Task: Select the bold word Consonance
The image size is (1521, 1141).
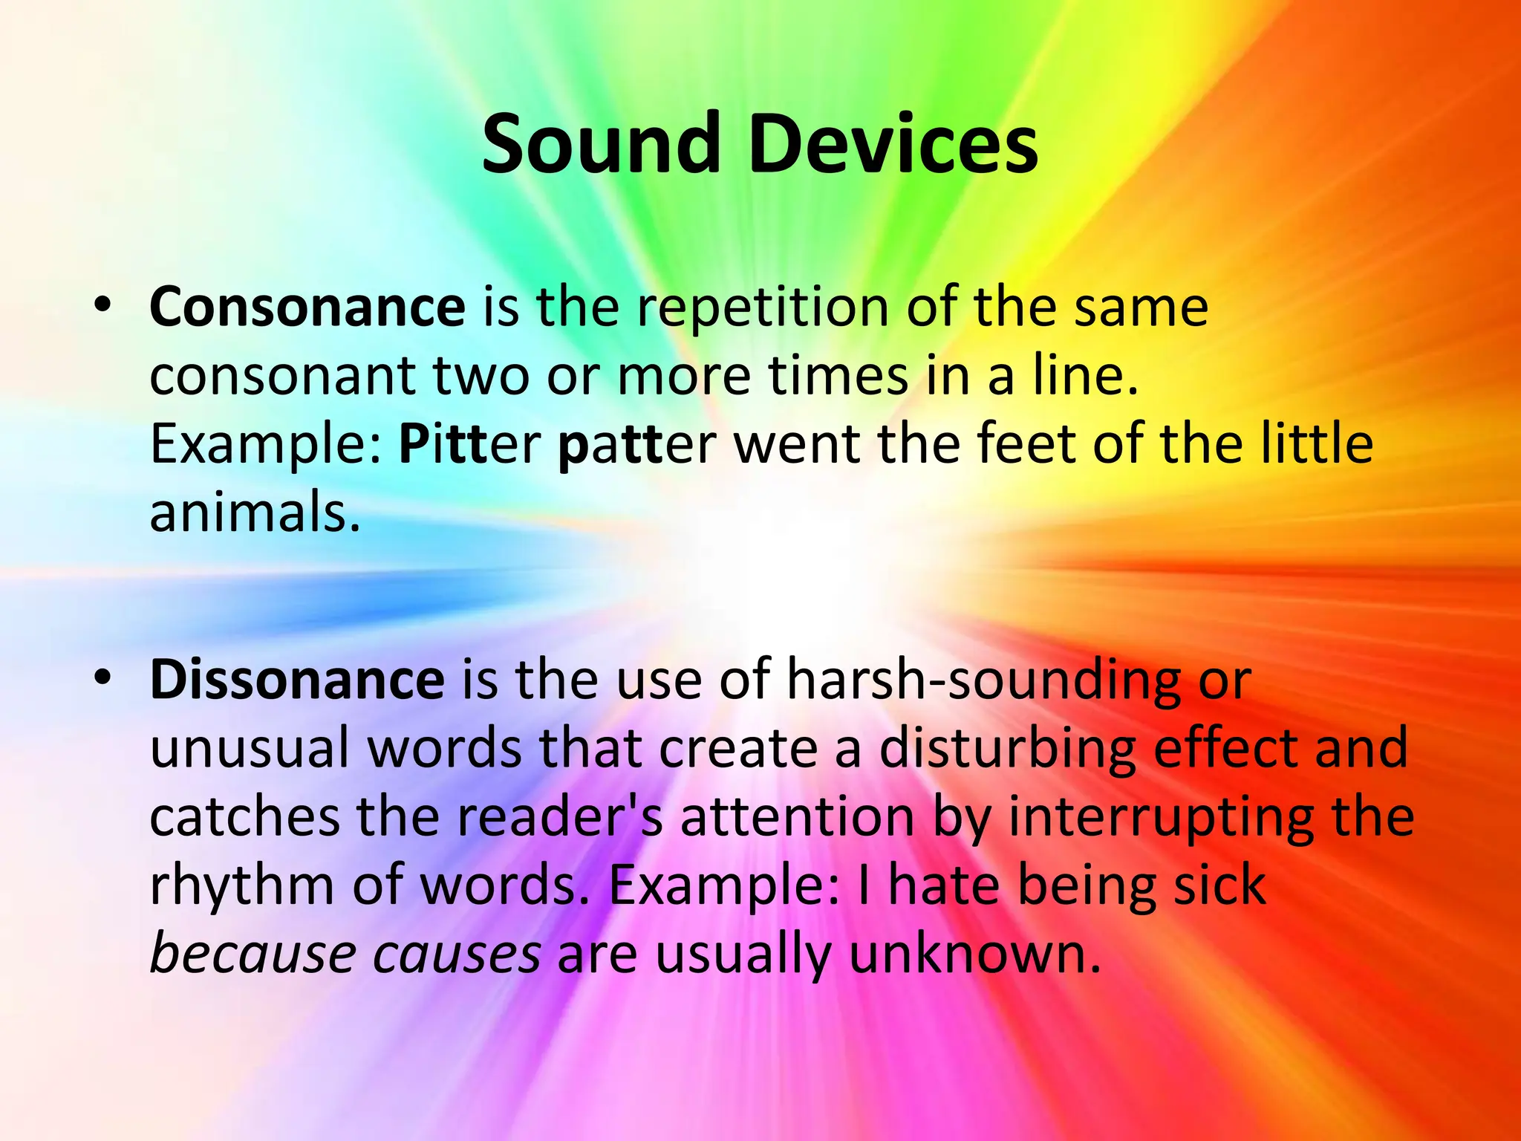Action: click(307, 307)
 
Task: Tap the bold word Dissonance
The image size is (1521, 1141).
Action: click(297, 680)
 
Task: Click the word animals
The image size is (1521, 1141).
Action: click(255, 513)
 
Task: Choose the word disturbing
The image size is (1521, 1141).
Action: click(1007, 749)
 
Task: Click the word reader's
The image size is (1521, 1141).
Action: click(560, 817)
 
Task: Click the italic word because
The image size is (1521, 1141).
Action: click(252, 955)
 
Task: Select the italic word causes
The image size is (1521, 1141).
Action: click(456, 955)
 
